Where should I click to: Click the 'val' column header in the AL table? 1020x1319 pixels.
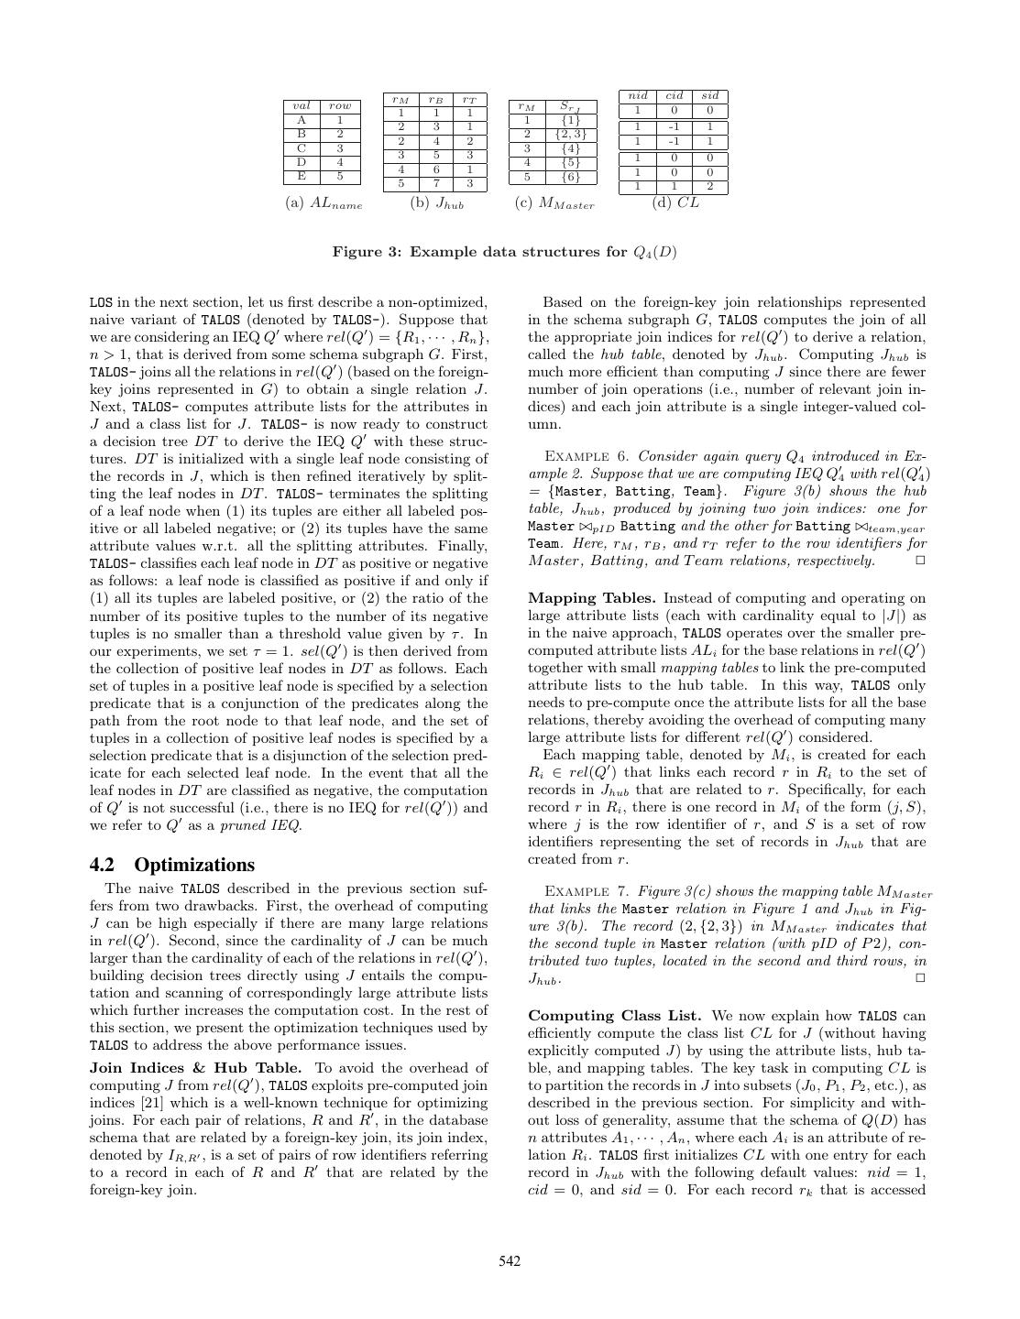(x=302, y=105)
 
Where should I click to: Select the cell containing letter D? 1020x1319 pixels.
(x=302, y=162)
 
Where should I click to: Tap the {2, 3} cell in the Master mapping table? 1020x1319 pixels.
(x=570, y=134)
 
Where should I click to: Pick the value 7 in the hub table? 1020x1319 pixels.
(x=435, y=183)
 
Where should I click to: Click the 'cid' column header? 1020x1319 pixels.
(x=675, y=95)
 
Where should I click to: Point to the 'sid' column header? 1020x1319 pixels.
(x=709, y=95)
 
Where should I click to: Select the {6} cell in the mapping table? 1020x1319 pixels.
(x=570, y=177)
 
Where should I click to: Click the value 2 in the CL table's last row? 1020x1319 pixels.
(x=709, y=187)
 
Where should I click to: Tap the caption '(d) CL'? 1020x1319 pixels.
(x=675, y=203)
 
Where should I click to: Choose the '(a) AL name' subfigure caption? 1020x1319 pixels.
(x=324, y=204)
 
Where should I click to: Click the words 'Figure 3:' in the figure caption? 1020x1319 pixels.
(x=365, y=252)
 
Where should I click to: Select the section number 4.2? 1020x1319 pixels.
(x=106, y=865)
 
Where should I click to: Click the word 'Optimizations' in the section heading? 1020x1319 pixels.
(x=194, y=865)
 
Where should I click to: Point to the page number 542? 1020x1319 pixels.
(x=510, y=1261)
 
